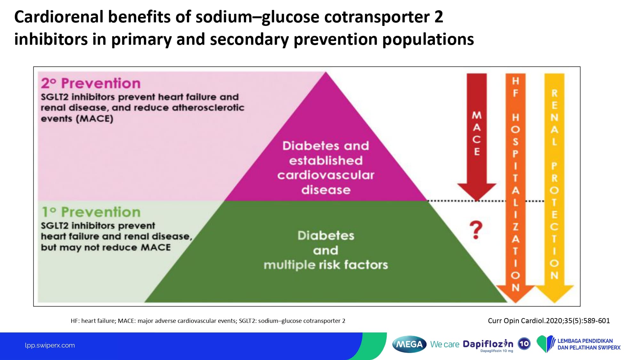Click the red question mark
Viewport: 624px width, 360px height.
coord(476,230)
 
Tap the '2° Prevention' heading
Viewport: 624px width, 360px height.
coord(91,83)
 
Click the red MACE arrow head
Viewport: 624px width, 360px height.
coord(477,192)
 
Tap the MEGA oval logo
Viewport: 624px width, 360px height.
coord(409,344)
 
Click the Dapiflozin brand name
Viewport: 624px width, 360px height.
coord(488,344)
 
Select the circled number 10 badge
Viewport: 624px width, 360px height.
coord(524,344)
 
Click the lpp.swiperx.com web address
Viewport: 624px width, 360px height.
coord(50,345)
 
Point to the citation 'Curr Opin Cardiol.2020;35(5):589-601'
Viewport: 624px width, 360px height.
coord(549,321)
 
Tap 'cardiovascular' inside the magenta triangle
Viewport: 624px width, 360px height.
coord(326,175)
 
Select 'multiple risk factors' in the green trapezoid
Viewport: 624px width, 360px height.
coord(326,265)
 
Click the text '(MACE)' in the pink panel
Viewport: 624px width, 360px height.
coord(95,119)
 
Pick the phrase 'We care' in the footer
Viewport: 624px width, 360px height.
coord(445,344)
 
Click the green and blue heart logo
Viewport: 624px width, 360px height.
coord(546,344)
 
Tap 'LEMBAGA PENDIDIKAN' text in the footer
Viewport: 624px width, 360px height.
coord(585,341)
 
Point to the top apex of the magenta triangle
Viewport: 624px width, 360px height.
coord(326,72)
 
